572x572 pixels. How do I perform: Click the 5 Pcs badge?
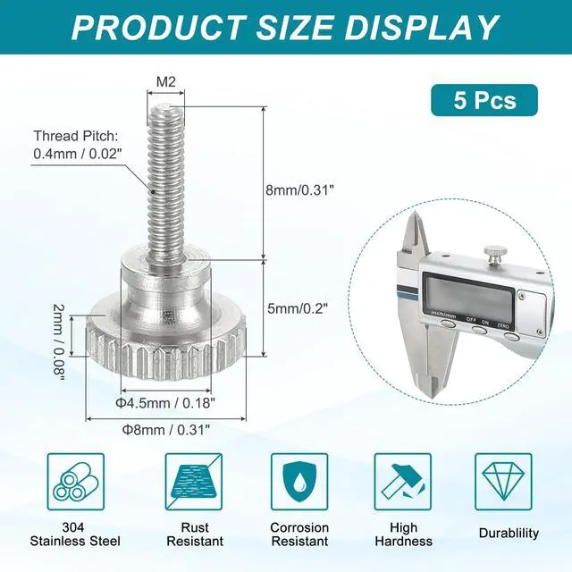[484, 100]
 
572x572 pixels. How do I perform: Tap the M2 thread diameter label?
[166, 82]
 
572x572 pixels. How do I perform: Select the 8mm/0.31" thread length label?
[299, 190]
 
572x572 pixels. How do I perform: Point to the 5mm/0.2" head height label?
[298, 308]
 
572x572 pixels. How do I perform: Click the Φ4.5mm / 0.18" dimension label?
[165, 403]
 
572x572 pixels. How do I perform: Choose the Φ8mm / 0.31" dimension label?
[166, 430]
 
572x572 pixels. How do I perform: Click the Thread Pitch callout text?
[77, 145]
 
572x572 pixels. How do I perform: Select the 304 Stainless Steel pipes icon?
[76, 482]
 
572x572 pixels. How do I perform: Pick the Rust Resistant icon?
[193, 482]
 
